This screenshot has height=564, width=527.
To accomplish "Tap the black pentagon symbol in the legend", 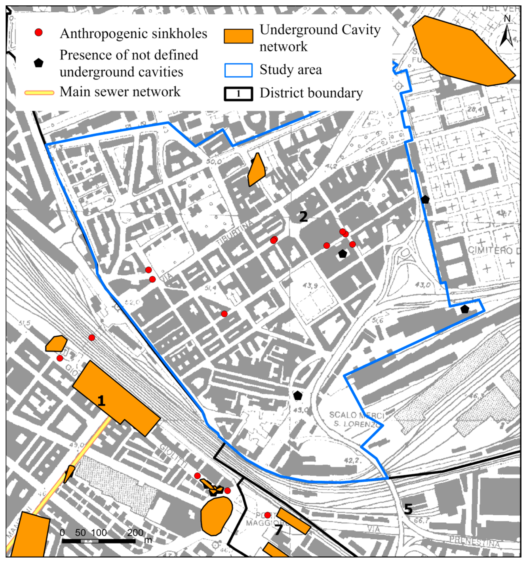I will click(x=39, y=63).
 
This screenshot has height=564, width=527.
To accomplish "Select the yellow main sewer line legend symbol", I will click(x=39, y=93).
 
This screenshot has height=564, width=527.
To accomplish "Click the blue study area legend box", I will click(x=239, y=70).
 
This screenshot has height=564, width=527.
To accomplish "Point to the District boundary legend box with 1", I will click(x=239, y=94).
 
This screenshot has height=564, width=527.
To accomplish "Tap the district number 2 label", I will click(x=303, y=217).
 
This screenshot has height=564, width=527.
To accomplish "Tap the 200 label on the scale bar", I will click(x=135, y=532).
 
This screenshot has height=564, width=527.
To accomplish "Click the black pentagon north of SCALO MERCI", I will click(x=297, y=395).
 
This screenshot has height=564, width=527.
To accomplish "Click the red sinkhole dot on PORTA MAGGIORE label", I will click(x=267, y=515).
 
